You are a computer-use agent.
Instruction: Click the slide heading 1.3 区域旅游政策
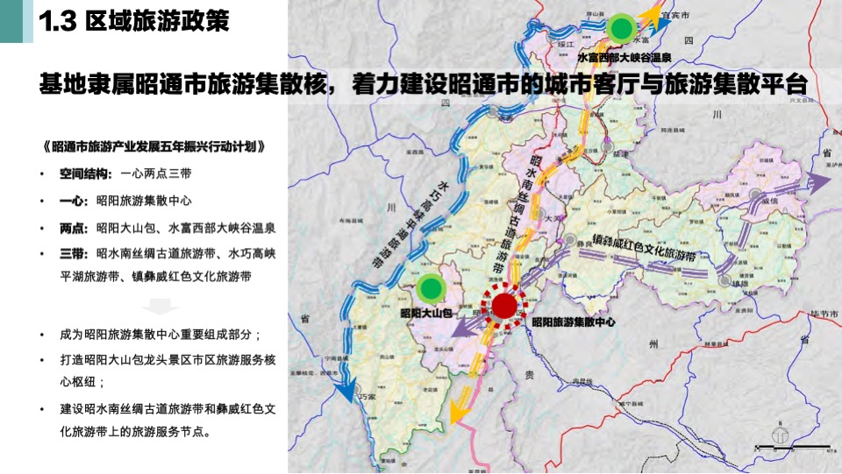135,22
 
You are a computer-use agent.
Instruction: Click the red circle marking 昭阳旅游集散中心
504,306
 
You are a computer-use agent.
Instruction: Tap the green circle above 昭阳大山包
430,287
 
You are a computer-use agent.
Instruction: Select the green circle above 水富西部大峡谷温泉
621,28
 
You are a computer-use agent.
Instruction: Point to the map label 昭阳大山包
425,313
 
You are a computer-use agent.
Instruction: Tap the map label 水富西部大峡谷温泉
624,57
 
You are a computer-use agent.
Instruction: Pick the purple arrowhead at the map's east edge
819,183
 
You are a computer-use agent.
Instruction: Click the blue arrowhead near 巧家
348,389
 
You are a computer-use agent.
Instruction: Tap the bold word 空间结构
82,173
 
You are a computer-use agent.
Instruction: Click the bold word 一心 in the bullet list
72,201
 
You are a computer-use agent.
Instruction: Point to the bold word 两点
72,228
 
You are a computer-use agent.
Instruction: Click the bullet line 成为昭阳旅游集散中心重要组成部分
161,335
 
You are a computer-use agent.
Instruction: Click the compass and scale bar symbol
780,441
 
